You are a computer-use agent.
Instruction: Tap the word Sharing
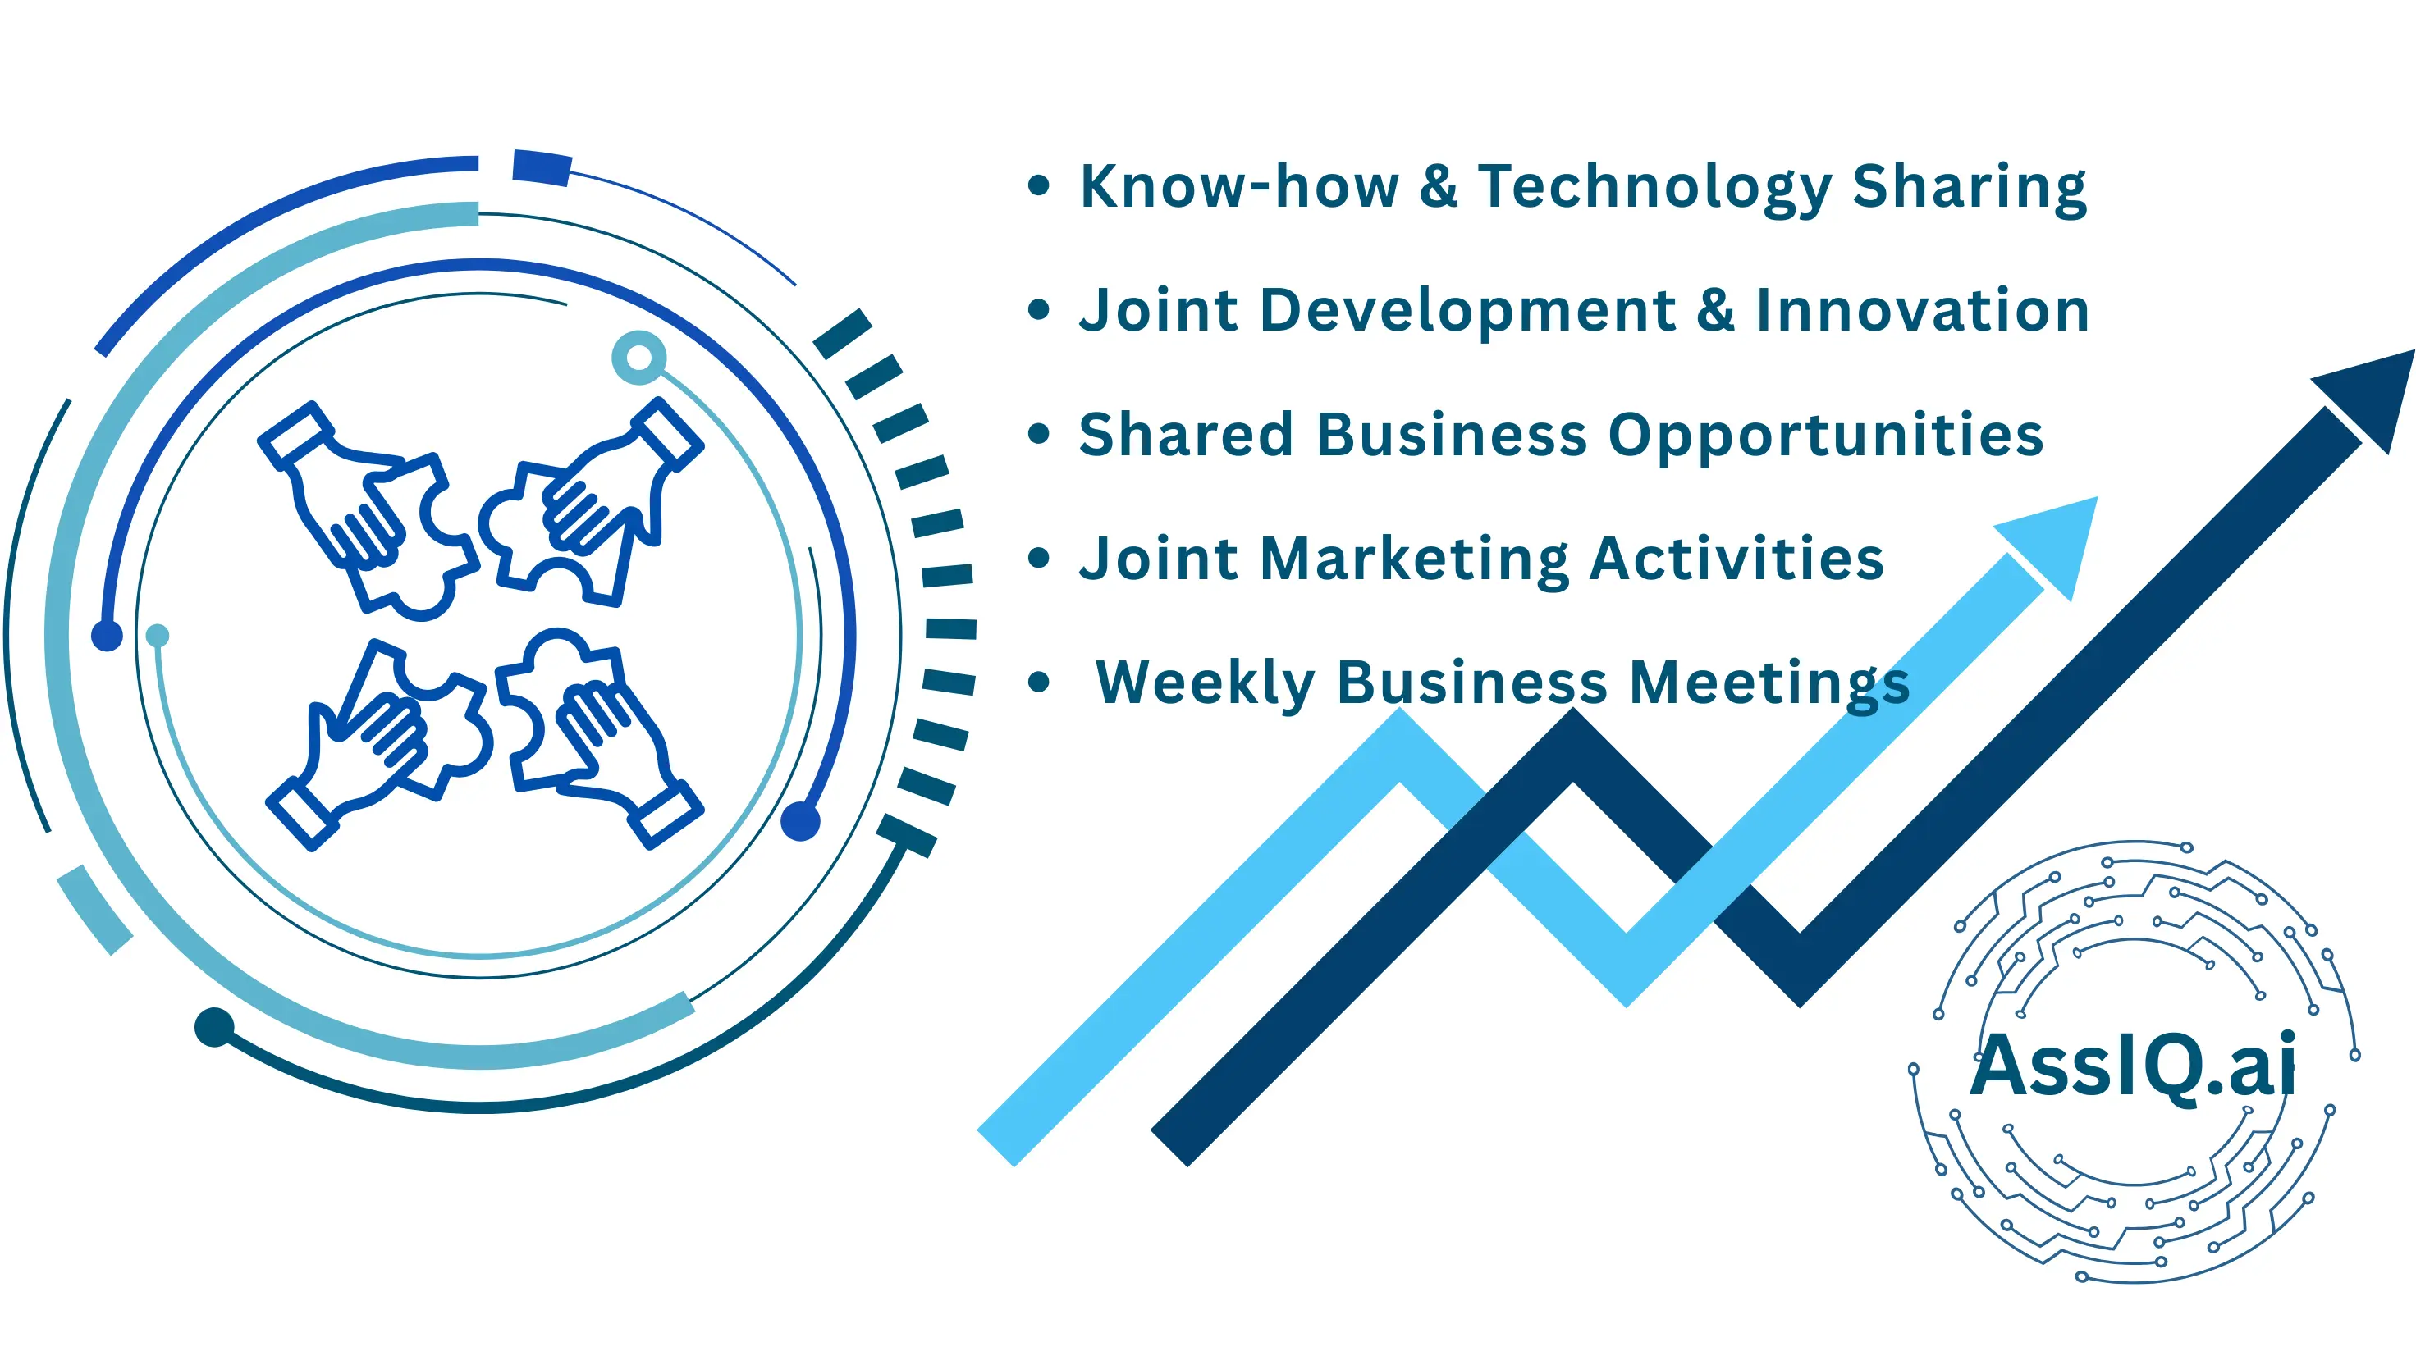[1970, 189]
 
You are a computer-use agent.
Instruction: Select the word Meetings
[1770, 684]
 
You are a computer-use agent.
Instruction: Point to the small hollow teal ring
[639, 357]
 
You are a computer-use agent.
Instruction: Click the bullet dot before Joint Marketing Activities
[1038, 559]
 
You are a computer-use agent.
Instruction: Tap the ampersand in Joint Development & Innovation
[1716, 310]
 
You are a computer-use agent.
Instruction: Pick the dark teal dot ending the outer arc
[214, 1026]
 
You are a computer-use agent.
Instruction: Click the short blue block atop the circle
[542, 167]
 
